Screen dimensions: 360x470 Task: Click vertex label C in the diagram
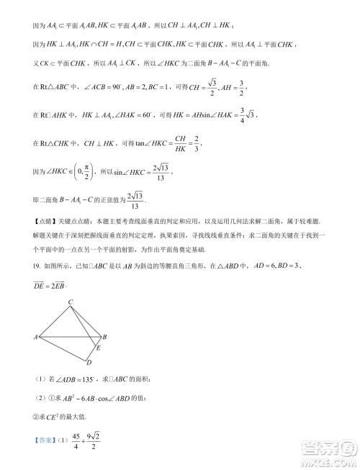(x=70, y=302)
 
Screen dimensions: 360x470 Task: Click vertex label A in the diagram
(x=35, y=336)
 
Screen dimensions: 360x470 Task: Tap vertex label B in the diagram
(x=105, y=336)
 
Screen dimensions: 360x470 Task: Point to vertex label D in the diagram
(x=89, y=361)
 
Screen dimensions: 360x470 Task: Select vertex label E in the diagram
(x=99, y=348)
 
